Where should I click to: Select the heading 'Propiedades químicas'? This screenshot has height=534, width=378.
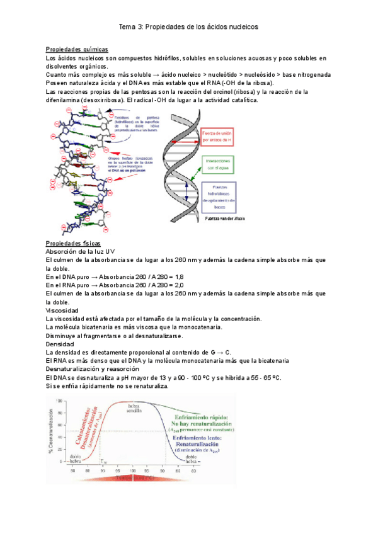click(x=77, y=50)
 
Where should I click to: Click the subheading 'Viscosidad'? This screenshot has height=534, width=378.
click(x=62, y=310)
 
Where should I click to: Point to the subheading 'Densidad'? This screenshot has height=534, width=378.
click(x=60, y=344)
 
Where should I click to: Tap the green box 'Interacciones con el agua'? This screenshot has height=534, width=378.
click(x=217, y=165)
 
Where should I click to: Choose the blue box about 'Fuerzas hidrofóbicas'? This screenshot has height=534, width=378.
click(x=219, y=196)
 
